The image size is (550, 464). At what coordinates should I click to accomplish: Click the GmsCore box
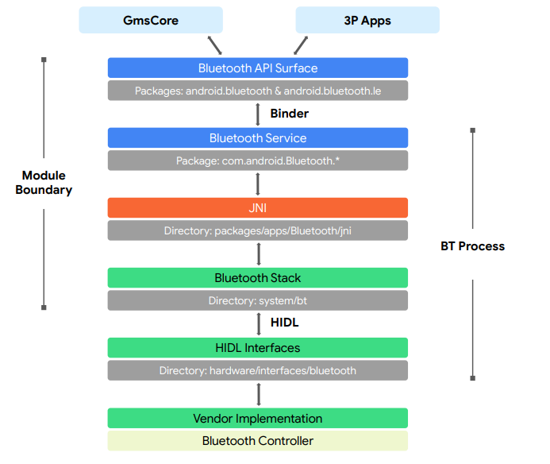point(150,20)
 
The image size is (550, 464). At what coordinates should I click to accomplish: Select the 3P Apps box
point(367,20)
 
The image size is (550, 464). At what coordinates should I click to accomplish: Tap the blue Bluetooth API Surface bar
point(258,68)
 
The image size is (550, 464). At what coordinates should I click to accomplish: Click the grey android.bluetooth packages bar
point(258,91)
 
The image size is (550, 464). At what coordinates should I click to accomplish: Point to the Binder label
point(289,114)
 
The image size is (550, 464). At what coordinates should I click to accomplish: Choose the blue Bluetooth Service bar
point(258,137)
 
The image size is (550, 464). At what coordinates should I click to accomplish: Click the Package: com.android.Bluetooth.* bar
point(258,160)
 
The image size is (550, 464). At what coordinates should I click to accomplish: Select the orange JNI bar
point(258,207)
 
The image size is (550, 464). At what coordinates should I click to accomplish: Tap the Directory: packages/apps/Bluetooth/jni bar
point(258,230)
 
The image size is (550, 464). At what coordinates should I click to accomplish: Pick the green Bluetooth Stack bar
point(258,277)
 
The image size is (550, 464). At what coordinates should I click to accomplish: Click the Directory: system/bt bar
point(258,300)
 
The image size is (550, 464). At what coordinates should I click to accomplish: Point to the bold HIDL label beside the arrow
point(284,323)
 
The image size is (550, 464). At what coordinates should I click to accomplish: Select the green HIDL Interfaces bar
point(258,347)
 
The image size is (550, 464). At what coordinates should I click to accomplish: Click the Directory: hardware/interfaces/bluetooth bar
point(258,370)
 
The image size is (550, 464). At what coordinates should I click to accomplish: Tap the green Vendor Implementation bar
point(258,418)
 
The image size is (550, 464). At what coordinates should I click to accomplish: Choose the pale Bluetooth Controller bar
point(258,440)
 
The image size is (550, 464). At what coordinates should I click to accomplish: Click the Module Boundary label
point(44,183)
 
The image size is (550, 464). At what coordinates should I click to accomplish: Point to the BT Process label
point(472,246)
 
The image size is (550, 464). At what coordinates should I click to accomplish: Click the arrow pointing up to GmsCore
point(214,44)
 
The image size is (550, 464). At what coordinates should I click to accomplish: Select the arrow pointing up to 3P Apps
point(301,44)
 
